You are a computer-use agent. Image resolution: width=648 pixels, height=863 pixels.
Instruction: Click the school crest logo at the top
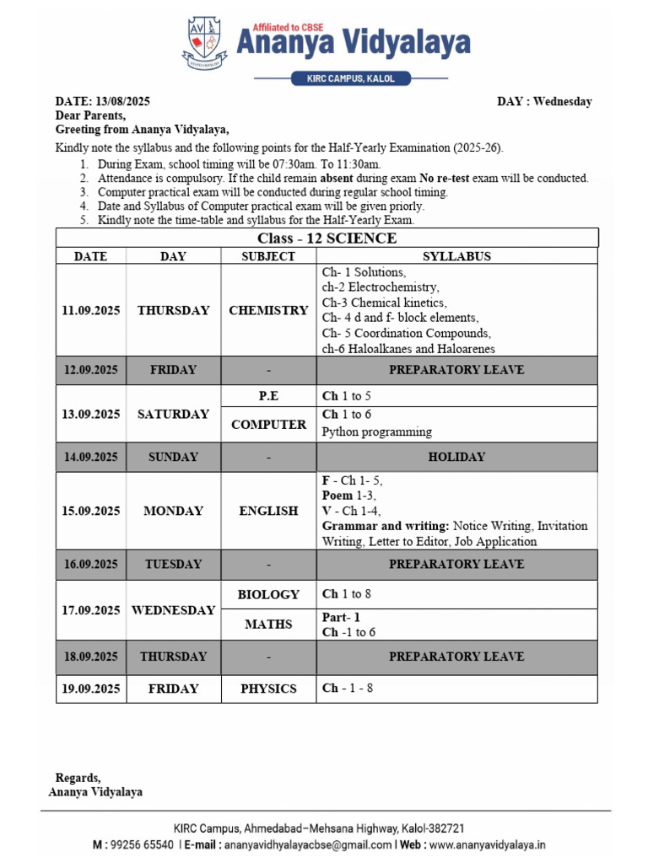click(204, 43)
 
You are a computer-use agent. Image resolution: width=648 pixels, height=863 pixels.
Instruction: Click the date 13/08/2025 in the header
click(123, 101)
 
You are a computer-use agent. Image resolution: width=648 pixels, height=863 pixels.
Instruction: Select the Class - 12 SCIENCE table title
click(327, 239)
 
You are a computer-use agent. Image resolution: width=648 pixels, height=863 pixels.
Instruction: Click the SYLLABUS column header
click(456, 256)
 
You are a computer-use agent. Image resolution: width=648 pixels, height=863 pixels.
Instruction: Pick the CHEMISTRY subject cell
click(268, 310)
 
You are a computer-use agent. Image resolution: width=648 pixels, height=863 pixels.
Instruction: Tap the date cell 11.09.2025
click(90, 310)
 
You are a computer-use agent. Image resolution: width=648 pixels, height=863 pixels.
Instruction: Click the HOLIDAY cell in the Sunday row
click(456, 457)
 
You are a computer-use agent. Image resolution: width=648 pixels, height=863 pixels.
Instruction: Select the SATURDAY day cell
click(173, 414)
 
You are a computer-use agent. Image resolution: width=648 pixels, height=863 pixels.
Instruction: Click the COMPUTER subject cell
click(268, 425)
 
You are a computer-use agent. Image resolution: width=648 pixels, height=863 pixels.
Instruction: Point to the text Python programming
click(376, 431)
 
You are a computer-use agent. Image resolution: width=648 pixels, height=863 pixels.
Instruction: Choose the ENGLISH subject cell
click(268, 511)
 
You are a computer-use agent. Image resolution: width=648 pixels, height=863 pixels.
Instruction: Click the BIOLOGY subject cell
click(268, 594)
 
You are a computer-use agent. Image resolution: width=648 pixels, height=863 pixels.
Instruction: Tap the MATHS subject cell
click(268, 624)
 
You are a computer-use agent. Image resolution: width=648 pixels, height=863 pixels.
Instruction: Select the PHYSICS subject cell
click(268, 689)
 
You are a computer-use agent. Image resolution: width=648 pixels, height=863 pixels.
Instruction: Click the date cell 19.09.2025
click(90, 689)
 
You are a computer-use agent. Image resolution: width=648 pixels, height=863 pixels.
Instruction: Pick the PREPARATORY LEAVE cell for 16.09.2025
click(456, 564)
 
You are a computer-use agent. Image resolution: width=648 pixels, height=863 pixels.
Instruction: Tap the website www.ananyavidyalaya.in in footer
click(487, 844)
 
